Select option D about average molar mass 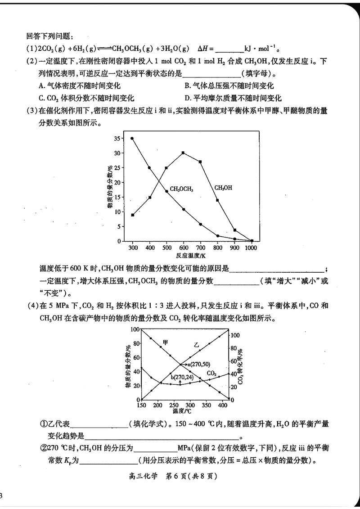[x=233, y=98]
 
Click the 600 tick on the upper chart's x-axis [x=183, y=248]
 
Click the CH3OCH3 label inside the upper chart [x=181, y=189]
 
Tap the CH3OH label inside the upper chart [x=223, y=187]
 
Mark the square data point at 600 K [x=183, y=153]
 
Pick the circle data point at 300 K [x=132, y=139]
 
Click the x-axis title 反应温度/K [x=191, y=255]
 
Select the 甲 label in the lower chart [x=166, y=342]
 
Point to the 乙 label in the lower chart [x=196, y=345]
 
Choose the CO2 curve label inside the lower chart [x=212, y=373]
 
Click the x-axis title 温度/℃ [x=182, y=411]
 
